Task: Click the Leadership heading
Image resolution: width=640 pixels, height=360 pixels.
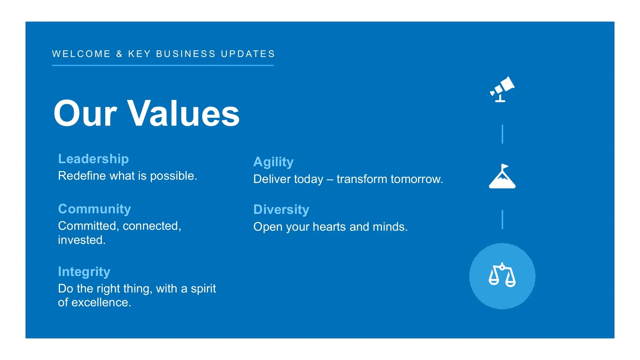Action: [x=93, y=159]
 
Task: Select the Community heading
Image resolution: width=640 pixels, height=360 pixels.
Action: [x=95, y=209]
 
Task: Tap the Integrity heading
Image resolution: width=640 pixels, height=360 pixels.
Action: [x=84, y=272]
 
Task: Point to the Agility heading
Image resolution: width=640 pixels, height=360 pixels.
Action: [x=273, y=162]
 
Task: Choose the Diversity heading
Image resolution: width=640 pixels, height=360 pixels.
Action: [x=281, y=210]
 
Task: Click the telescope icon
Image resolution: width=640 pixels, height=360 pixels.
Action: [x=502, y=89]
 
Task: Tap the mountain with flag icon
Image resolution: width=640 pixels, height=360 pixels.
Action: [x=502, y=176]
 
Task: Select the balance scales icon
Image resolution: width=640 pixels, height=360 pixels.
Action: [x=502, y=275]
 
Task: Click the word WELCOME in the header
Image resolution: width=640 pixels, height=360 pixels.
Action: [x=81, y=54]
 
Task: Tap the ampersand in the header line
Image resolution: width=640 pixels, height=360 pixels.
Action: [x=119, y=54]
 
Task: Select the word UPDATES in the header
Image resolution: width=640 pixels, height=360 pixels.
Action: [x=248, y=54]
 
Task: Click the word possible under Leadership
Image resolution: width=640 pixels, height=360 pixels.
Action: [x=173, y=176]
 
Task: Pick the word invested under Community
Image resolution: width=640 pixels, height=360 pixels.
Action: [x=82, y=240]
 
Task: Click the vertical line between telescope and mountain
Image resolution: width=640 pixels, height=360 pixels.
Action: [x=502, y=134]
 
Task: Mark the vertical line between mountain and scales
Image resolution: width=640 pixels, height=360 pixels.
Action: [x=502, y=220]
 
